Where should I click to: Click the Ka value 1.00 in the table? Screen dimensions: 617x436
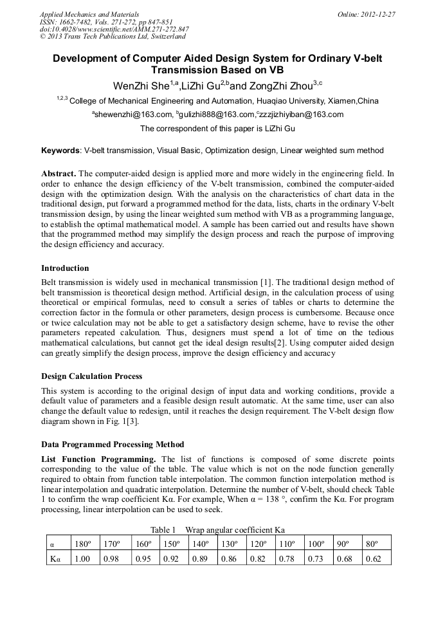click(82, 558)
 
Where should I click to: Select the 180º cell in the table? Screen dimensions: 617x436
click(82, 544)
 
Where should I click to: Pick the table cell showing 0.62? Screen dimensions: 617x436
click(373, 558)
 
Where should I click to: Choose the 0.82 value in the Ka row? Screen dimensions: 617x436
click(257, 558)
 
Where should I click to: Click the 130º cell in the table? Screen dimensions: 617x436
click(228, 544)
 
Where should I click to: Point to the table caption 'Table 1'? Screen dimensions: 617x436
click(163, 530)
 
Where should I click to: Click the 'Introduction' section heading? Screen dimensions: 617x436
click(65, 268)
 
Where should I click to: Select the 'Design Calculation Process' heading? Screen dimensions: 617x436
click(91, 376)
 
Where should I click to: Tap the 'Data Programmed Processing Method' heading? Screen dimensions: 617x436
click(113, 444)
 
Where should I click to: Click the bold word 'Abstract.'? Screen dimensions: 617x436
click(59, 174)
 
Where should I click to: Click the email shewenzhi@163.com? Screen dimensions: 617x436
click(132, 115)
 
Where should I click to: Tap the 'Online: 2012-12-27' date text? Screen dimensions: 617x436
click(366, 14)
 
